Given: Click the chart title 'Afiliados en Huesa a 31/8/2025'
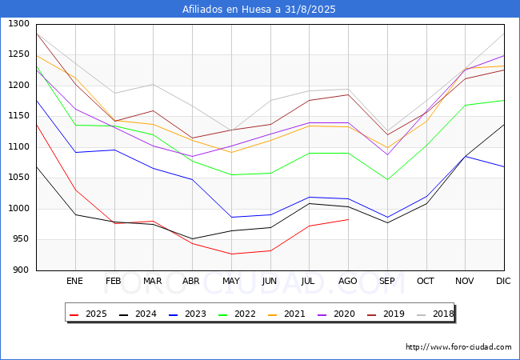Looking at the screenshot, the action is pos(258,9).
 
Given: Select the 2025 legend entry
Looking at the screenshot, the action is pos(88,314).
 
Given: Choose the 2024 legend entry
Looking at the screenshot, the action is pos(138,314).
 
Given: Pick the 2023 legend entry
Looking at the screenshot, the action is pos(187,314).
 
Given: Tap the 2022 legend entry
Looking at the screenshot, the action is pos(237,314).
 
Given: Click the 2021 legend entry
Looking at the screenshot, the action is pos(286,314).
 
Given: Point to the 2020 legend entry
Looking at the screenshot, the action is pos(336,314).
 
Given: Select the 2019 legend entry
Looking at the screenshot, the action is pos(386,314).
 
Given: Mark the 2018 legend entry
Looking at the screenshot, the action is pos(435,314).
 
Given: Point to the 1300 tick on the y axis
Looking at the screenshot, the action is pos(19,23).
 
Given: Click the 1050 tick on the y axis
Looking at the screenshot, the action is pos(19,178).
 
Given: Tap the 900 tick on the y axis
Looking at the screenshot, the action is pos(22,270).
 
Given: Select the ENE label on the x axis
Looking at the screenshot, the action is pos(74,281).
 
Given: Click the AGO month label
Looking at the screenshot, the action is pos(347,281).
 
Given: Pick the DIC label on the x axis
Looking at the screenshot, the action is pos(503,281).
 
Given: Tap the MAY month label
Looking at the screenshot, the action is pos(231,281).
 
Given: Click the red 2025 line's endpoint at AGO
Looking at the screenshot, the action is pos(348,219).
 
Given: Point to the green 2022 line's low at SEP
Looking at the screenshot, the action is pos(387,179).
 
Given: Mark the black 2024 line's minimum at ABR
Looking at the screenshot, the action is pos(192,238).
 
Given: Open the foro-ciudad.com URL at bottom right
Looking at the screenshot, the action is pos(458,346).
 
